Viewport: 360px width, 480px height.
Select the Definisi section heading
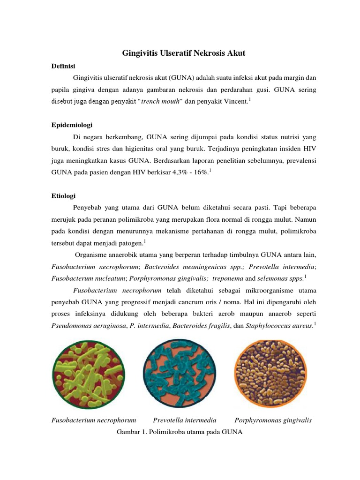pos(63,66)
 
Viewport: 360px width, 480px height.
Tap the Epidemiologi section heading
pos(72,125)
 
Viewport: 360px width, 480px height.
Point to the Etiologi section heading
pos(63,195)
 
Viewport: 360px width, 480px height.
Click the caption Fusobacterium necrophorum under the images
pos(93,420)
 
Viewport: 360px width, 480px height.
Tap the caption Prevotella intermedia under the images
pos(185,420)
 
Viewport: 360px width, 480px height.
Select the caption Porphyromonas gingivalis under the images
pos(273,420)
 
